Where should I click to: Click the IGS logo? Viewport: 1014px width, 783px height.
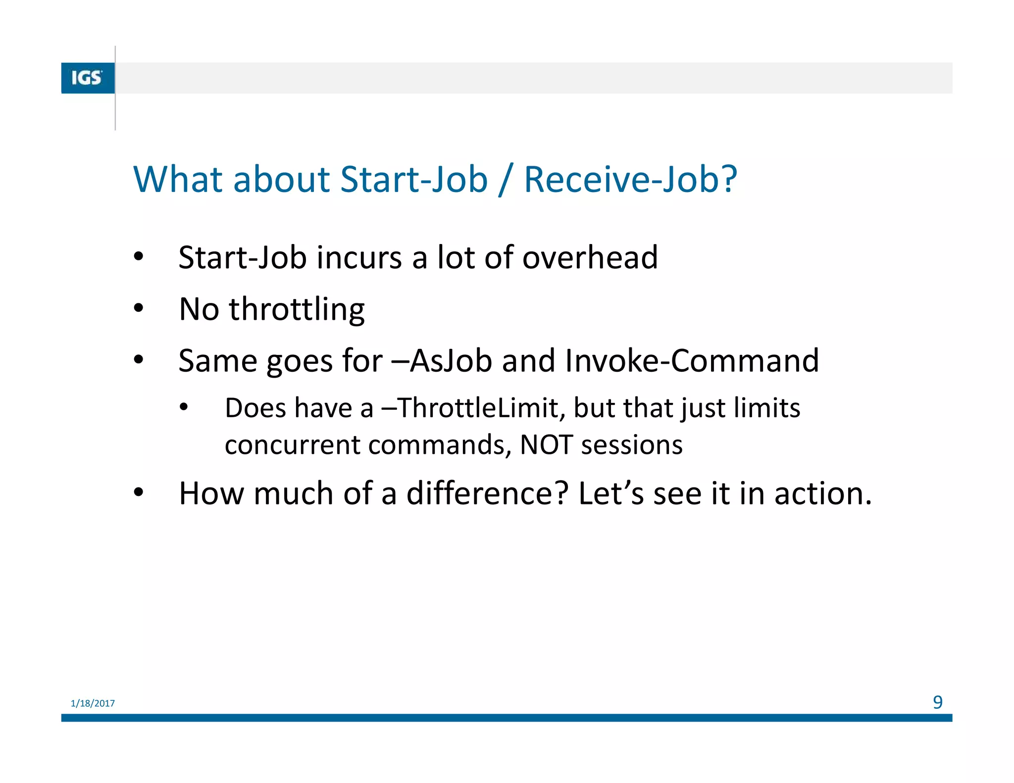[88, 78]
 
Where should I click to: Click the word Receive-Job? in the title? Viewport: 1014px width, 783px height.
[630, 179]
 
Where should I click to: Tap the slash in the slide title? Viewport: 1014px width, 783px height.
[505, 180]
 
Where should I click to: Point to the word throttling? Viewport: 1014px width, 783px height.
[296, 310]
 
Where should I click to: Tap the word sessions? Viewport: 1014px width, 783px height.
[632, 445]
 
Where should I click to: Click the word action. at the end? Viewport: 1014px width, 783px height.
[822, 494]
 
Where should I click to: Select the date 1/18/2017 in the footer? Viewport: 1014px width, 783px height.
[93, 703]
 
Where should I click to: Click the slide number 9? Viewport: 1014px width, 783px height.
[937, 702]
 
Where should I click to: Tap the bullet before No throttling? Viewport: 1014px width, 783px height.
[138, 308]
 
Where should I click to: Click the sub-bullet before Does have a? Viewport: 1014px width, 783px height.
[184, 407]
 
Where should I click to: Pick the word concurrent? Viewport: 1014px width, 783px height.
[292, 445]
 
